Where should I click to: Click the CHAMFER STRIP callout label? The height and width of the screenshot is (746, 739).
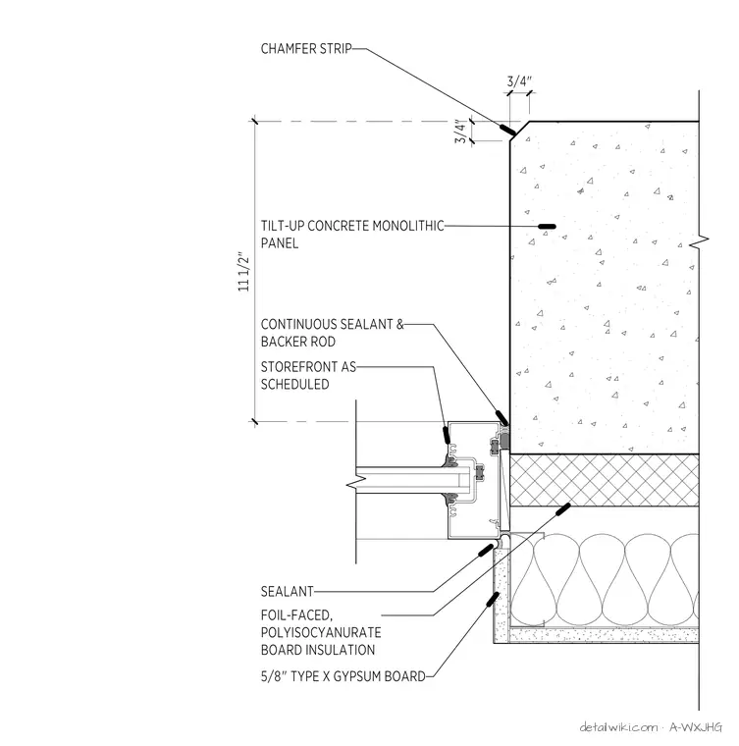[306, 48]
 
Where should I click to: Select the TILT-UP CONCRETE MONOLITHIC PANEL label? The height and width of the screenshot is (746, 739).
[352, 234]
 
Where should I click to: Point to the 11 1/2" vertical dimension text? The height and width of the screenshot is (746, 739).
[243, 272]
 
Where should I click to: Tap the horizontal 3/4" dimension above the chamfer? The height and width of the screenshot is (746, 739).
[519, 80]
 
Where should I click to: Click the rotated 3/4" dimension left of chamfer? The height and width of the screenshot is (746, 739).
[460, 132]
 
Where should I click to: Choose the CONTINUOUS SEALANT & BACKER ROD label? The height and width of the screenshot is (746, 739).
[332, 333]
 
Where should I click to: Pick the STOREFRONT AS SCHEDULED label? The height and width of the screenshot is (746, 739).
[308, 375]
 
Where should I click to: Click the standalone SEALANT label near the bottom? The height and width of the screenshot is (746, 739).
[288, 591]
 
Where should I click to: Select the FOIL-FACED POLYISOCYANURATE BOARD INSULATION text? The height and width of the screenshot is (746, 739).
[321, 632]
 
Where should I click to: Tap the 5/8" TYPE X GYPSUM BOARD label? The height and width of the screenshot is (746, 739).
[343, 676]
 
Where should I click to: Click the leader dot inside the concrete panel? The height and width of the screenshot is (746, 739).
[547, 227]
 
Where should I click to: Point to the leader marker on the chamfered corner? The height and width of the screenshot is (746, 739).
[507, 129]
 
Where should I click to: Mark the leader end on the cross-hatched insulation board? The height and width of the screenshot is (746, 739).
[563, 509]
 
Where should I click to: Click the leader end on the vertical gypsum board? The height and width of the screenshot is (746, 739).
[493, 599]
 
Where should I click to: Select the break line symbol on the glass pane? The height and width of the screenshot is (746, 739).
[353, 485]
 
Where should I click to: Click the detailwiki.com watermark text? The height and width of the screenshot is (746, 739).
[618, 727]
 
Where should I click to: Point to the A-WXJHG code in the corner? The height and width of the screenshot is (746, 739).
[696, 727]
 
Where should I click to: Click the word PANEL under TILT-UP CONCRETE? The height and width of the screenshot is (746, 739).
[280, 243]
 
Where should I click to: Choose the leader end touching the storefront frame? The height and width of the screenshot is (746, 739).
[447, 435]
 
